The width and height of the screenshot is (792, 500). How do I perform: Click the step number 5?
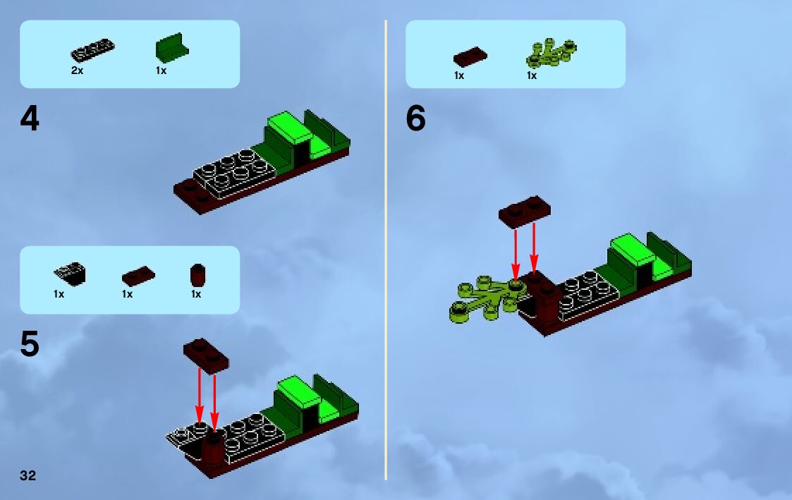tap(30, 345)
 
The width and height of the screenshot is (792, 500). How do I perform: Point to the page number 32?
tap(28, 475)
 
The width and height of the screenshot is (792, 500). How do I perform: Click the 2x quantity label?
tap(77, 71)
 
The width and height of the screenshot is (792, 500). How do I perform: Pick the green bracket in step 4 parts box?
tap(171, 49)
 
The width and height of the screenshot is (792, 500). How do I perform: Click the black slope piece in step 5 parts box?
tap(69, 273)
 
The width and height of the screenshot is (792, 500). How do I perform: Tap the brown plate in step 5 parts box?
tap(138, 274)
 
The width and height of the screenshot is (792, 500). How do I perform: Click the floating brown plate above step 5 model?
tap(207, 355)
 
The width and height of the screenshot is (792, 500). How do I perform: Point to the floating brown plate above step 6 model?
tap(524, 210)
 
